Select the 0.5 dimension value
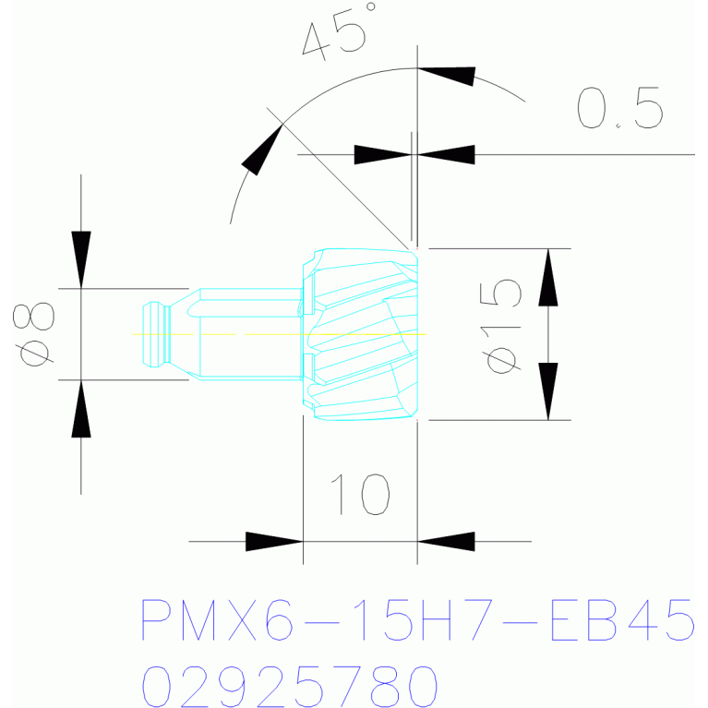coord(620,107)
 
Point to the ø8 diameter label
coord(38,333)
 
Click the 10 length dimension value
coord(360,495)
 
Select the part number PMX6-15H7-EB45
coord(417,620)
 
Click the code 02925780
coord(288,686)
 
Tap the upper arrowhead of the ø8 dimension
coord(81,258)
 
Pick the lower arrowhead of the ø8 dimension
coord(81,408)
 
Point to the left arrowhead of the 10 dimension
coord(274,541)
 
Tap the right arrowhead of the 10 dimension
coord(446,541)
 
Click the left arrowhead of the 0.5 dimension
coord(382,154)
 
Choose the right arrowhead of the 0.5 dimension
coord(446,154)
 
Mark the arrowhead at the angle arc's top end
coord(447,74)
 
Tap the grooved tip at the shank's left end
coord(154,333)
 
